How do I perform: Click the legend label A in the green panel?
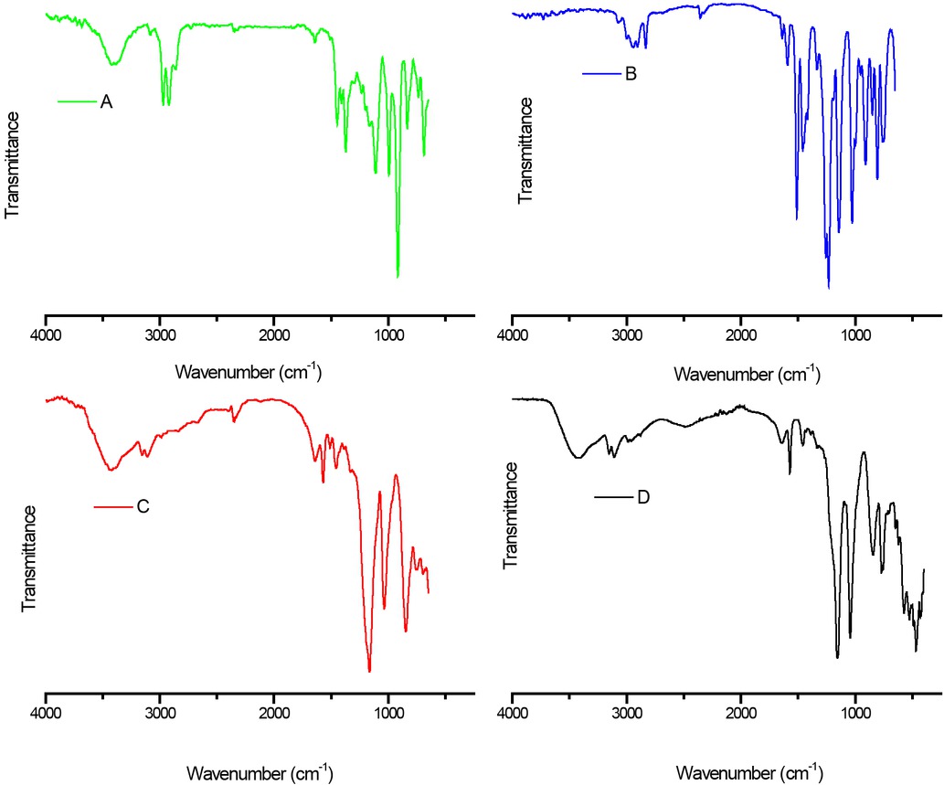tap(106, 101)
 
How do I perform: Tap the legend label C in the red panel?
tap(143, 506)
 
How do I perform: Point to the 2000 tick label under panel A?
tap(274, 334)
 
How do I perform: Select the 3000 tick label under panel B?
tap(627, 334)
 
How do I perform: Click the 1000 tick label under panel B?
tap(855, 334)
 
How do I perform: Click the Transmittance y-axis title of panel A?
tap(14, 164)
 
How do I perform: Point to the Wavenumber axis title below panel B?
tap(747, 374)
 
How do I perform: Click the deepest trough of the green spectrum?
tap(398, 276)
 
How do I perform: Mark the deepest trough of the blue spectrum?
tap(829, 286)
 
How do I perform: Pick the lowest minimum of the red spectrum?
tap(369, 671)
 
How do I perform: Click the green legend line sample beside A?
tap(77, 101)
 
